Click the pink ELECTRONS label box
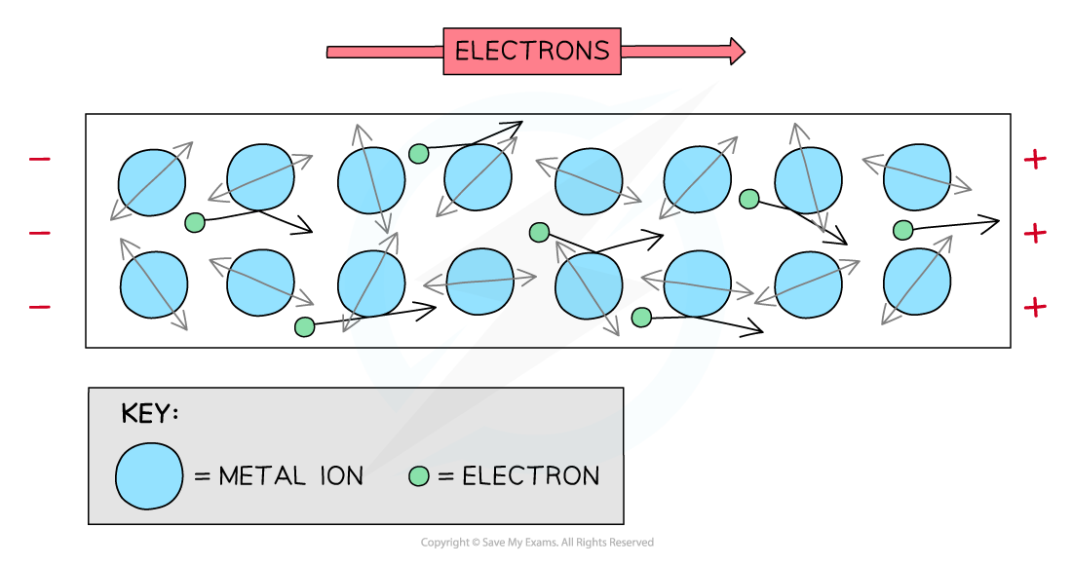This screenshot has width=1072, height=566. tap(532, 51)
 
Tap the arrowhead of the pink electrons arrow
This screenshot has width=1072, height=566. tap(736, 51)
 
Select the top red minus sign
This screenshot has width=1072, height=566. tap(40, 159)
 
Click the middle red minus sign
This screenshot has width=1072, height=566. tap(40, 233)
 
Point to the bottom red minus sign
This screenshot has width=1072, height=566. tap(40, 307)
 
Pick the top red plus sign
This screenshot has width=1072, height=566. tap(1034, 159)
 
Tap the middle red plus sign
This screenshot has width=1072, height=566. tap(1034, 233)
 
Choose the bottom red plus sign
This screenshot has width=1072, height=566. tap(1034, 307)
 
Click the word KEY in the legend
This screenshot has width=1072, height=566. tap(148, 413)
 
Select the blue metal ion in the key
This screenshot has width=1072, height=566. tap(149, 476)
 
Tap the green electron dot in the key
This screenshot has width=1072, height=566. tap(419, 476)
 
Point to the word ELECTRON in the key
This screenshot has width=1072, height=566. tap(531, 476)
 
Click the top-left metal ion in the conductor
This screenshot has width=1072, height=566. tap(151, 182)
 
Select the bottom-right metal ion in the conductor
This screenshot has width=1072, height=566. tap(916, 281)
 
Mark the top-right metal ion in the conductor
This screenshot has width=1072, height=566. tap(916, 176)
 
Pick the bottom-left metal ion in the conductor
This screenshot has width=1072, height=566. tap(154, 284)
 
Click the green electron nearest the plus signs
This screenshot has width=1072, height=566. tap(902, 230)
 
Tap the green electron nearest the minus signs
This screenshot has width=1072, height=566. tap(195, 222)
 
